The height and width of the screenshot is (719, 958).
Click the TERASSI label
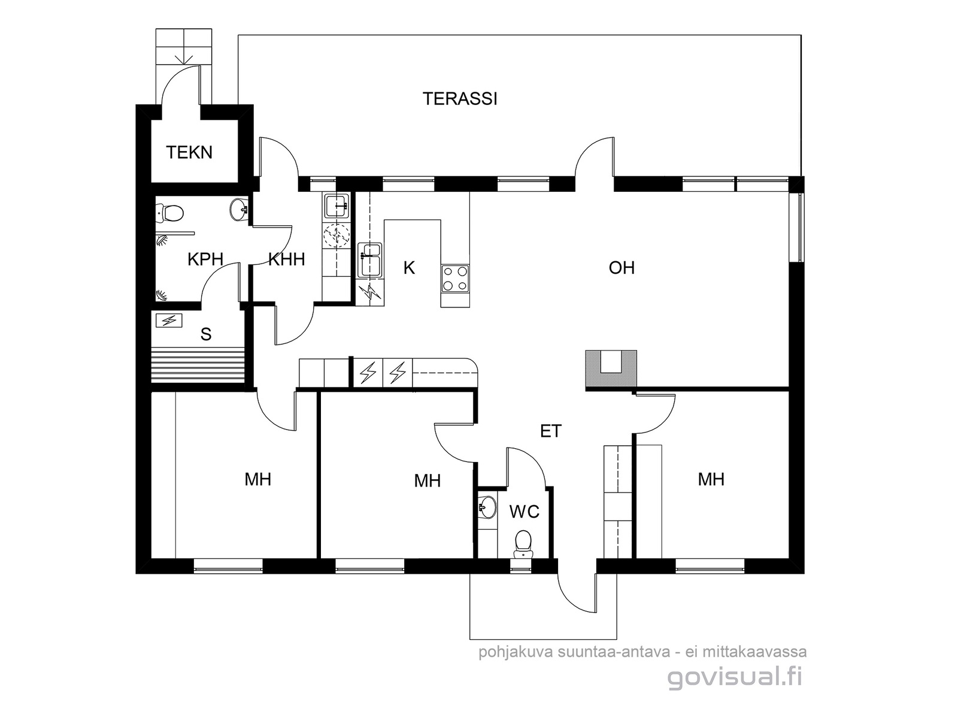click(460, 99)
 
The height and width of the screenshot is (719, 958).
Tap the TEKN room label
click(189, 152)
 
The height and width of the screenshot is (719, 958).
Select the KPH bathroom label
click(205, 259)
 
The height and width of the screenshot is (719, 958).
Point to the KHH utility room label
click(286, 259)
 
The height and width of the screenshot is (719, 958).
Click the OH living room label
click(622, 268)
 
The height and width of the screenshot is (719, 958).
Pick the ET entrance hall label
click(551, 431)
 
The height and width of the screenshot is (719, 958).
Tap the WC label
click(524, 512)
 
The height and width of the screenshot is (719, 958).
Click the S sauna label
click(206, 334)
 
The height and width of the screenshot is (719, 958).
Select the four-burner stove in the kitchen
click(455, 279)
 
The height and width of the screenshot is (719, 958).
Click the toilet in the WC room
click(523, 543)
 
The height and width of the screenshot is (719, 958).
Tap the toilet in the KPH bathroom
click(170, 213)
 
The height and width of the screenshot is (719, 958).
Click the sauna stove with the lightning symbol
click(169, 321)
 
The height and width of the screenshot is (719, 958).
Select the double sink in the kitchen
click(369, 260)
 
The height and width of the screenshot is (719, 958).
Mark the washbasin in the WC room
click(487, 507)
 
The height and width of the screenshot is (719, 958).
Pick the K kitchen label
click(409, 268)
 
